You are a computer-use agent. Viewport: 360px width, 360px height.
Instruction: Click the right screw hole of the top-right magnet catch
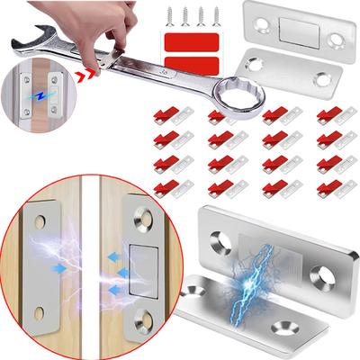pyautogui.click(x=335, y=40)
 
